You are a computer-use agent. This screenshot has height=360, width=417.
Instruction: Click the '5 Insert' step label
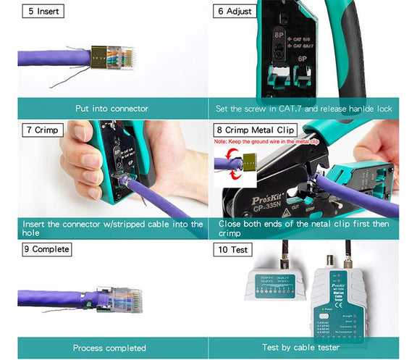pos(41,12)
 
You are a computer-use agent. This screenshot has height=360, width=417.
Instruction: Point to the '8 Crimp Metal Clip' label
pos(256,130)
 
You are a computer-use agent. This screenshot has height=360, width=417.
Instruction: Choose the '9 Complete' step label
pos(46,249)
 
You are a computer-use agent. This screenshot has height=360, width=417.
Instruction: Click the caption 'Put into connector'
pos(111,109)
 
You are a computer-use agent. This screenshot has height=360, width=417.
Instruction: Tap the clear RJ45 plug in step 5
pos(119,56)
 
